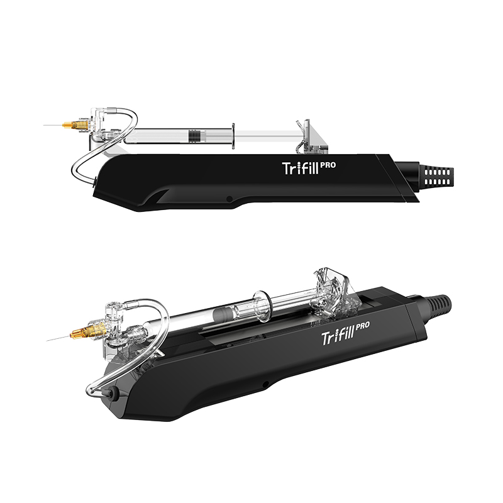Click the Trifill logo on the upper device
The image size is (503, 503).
pyautogui.click(x=301, y=168)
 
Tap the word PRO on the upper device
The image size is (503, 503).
pyautogui.click(x=328, y=165)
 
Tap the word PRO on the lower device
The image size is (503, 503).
pyautogui.click(x=363, y=326)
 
